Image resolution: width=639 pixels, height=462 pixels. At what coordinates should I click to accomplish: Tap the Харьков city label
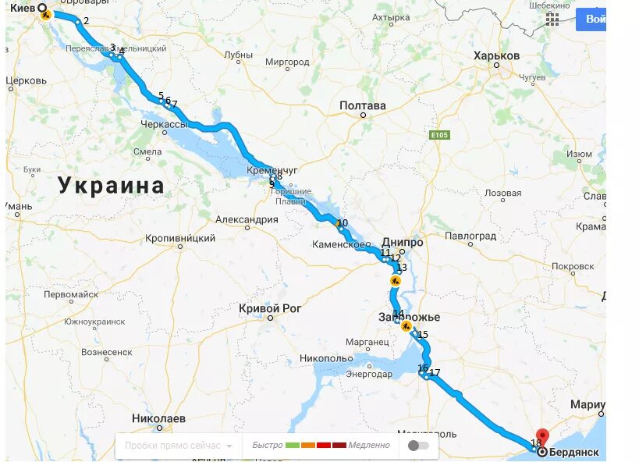point(496,56)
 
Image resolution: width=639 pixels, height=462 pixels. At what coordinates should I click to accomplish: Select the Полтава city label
point(363,105)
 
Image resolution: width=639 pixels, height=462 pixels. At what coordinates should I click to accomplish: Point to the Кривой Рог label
point(270,308)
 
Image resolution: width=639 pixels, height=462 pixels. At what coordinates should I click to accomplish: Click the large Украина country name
point(112,186)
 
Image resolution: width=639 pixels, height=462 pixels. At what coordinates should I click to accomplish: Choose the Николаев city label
point(159,418)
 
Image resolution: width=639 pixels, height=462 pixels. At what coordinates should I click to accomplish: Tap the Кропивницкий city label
point(181,236)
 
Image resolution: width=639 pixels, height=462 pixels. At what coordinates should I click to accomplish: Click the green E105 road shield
point(440,135)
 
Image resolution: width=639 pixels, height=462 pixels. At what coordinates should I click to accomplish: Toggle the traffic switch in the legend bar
point(418,446)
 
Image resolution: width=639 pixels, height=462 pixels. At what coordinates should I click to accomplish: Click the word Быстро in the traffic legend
point(268,446)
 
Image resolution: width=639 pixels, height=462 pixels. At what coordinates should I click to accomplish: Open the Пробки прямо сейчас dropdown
point(178,446)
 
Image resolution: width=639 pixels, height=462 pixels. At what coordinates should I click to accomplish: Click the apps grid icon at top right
point(552,20)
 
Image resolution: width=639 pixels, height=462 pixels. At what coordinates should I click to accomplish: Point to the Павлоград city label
point(470,236)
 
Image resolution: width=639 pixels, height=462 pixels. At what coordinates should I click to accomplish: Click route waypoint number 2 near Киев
point(86,21)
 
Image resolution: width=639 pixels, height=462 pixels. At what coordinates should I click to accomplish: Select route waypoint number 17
point(435,373)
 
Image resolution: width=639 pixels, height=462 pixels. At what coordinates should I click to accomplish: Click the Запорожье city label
point(409,317)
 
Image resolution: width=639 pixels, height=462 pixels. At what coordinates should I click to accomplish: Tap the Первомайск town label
point(71,295)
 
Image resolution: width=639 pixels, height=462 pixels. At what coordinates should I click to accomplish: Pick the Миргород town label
point(287,62)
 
